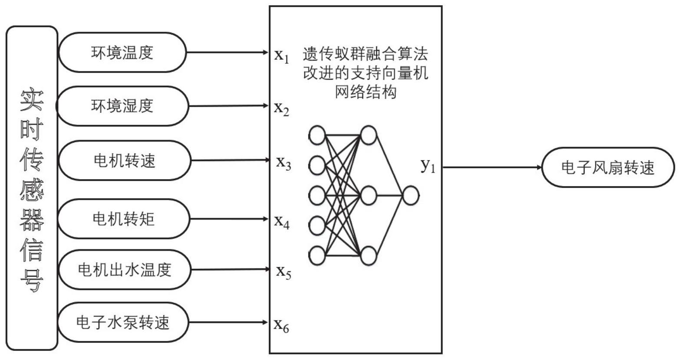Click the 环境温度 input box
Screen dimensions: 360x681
coord(122,52)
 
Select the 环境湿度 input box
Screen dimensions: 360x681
coord(122,106)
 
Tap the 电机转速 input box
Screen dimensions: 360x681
coord(125,160)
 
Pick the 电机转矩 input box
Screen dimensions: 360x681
coord(124,219)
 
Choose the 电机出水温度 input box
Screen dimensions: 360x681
coord(125,270)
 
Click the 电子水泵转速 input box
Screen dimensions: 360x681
coord(123,322)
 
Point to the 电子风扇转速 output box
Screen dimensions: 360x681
coord(608,167)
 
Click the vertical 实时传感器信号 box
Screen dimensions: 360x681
coord(32,188)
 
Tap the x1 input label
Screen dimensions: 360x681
coord(281,55)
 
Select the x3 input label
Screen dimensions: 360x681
coord(283,163)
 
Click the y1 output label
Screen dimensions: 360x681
coord(428,165)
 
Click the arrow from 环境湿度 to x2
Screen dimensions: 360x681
coord(228,106)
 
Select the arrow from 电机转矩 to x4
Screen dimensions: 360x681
coord(229,219)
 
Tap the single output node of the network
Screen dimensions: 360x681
coord(410,195)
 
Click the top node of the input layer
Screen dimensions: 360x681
coord(317,135)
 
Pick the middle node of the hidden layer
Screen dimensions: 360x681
coord(368,195)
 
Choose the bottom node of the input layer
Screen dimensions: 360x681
coord(317,255)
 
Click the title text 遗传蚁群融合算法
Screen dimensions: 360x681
coord(365,54)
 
